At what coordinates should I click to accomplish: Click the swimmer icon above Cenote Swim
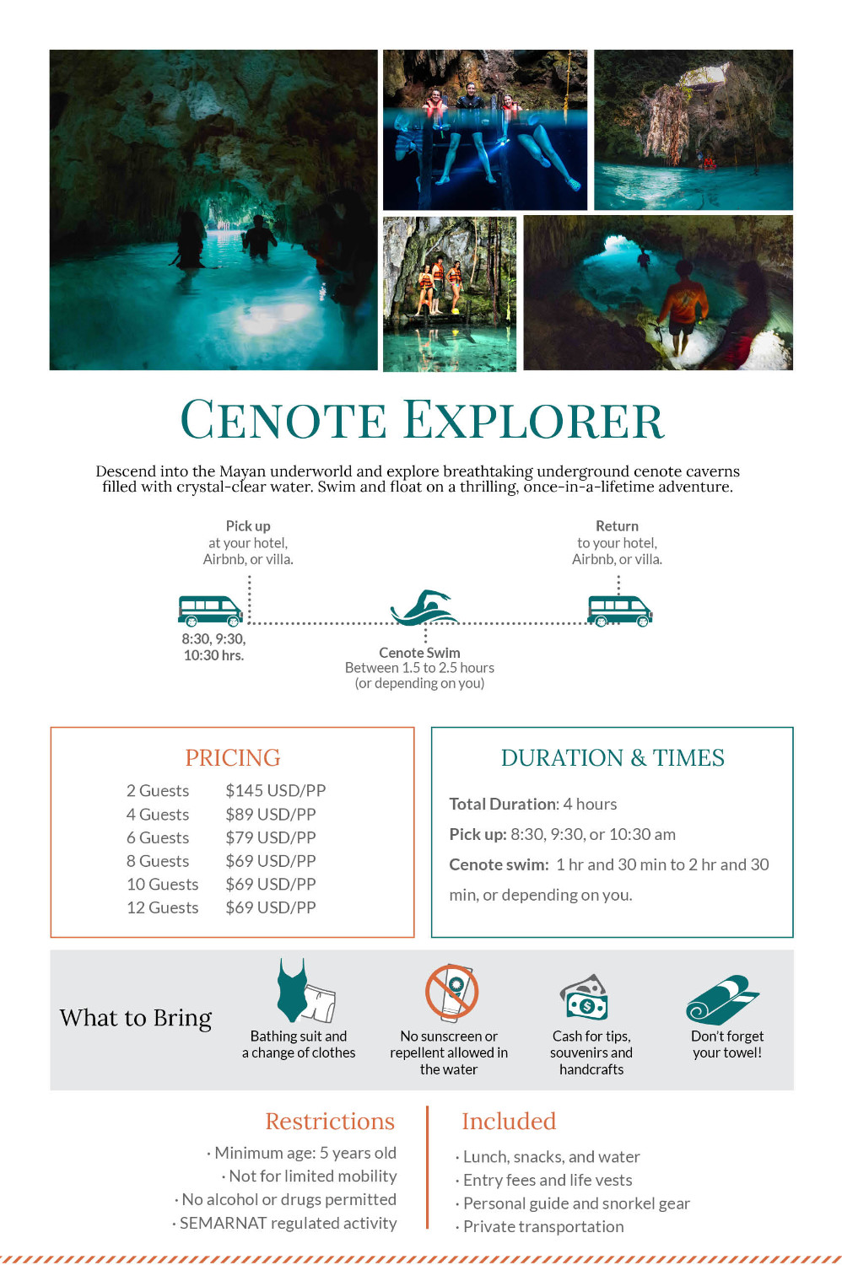[x=424, y=607]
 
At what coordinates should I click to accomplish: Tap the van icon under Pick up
[x=210, y=611]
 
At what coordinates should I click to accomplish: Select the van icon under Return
[x=619, y=611]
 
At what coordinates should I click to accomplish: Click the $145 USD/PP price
[x=275, y=791]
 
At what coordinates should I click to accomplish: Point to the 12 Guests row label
[x=162, y=907]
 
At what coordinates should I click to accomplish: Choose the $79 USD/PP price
[x=270, y=837]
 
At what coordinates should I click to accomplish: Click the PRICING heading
[x=232, y=757]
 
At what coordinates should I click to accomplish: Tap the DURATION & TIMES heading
[x=613, y=757]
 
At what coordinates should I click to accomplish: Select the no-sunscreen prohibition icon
[x=451, y=992]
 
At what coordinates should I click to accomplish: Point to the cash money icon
[x=586, y=997]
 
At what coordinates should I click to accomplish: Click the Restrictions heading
[x=330, y=1121]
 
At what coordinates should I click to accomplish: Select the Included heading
[x=509, y=1121]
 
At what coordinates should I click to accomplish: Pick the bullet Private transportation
[x=543, y=1226]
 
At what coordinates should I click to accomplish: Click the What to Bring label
[x=136, y=1018]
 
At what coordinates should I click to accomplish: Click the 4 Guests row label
[x=157, y=815]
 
